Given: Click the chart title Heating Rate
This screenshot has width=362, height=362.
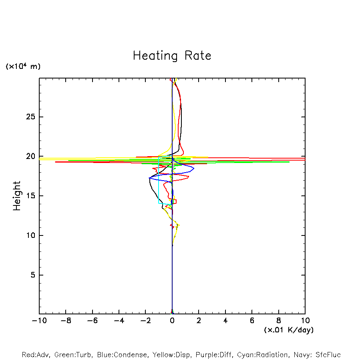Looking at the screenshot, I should click(x=172, y=56).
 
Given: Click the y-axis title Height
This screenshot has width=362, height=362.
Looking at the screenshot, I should click(x=17, y=196).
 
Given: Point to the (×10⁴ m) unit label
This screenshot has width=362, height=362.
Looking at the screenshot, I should click(x=23, y=66).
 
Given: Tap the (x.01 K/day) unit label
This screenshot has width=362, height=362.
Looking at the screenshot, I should click(x=288, y=330).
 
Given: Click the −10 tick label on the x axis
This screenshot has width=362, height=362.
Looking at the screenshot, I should click(x=39, y=321).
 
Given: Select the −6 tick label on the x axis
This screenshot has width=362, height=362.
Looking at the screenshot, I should click(x=92, y=321).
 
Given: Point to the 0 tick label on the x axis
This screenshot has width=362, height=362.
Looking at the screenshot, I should click(x=172, y=321).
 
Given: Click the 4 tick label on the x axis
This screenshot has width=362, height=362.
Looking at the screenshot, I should click(x=225, y=321).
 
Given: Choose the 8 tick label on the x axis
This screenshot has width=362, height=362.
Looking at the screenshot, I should click(x=279, y=321).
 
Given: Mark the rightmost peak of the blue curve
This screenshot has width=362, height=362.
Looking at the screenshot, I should click(x=194, y=169).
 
